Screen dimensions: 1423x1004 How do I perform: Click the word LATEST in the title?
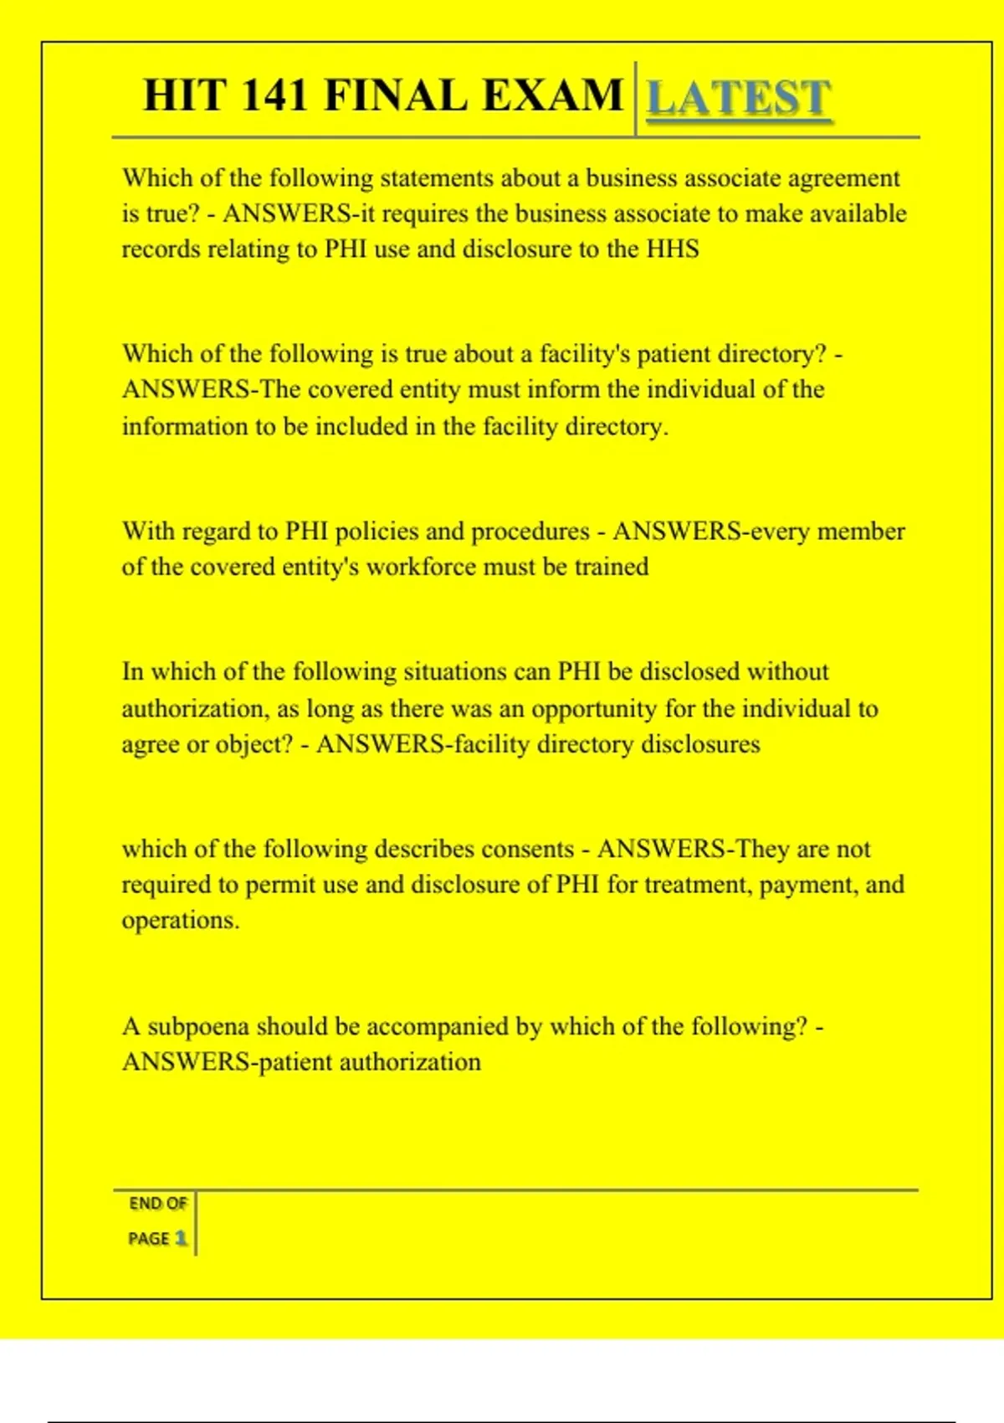(x=739, y=98)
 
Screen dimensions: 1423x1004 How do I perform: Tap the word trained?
(x=611, y=567)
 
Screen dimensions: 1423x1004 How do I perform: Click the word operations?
(x=181, y=920)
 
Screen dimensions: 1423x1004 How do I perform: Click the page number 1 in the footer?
(x=180, y=1238)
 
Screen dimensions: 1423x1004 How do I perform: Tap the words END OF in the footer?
(x=158, y=1204)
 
